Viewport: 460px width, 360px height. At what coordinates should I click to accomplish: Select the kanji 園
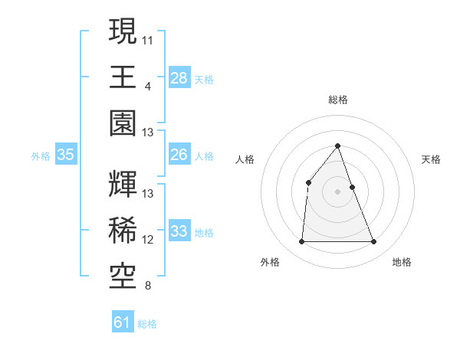[123, 123]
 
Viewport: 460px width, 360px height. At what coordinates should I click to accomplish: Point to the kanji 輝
[123, 184]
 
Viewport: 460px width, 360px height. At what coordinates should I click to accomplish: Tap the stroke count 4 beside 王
[147, 85]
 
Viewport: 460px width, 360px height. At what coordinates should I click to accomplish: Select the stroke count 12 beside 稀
[149, 240]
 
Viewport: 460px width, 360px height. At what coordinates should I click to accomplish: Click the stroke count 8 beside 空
[147, 286]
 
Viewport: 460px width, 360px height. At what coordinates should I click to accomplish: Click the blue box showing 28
[179, 77]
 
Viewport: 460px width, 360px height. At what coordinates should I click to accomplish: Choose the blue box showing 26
[179, 155]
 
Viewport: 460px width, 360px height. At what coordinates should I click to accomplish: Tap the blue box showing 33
[179, 231]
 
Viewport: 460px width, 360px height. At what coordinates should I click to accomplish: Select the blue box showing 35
[66, 155]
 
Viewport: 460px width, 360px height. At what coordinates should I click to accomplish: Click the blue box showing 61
[123, 322]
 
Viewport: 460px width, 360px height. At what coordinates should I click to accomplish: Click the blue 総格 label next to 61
[147, 324]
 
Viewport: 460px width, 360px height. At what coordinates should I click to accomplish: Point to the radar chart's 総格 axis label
[337, 100]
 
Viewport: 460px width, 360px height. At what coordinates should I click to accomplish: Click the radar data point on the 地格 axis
[374, 242]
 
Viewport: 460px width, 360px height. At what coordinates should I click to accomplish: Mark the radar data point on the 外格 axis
[301, 242]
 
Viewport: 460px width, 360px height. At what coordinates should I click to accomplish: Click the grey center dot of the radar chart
[337, 191]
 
